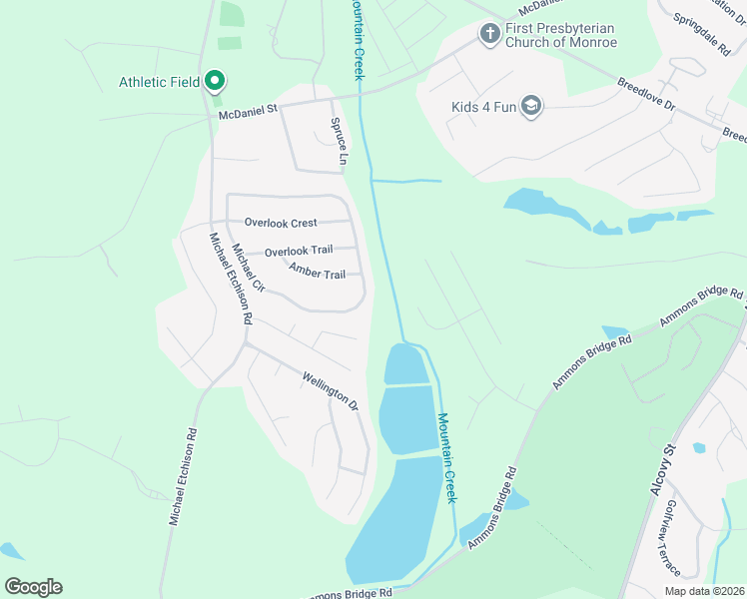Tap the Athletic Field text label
point(159,82)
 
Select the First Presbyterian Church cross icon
point(489,35)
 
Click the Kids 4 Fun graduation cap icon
point(531,107)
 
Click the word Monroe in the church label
point(591,43)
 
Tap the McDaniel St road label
point(248,113)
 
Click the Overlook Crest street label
point(281,223)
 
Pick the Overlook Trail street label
point(299,251)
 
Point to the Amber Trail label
point(317,273)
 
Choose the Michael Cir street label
point(248,268)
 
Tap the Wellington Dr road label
point(330,389)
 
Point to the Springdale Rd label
point(701,33)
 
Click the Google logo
point(33,587)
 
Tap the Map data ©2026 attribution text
point(704,591)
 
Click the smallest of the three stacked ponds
point(406,364)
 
